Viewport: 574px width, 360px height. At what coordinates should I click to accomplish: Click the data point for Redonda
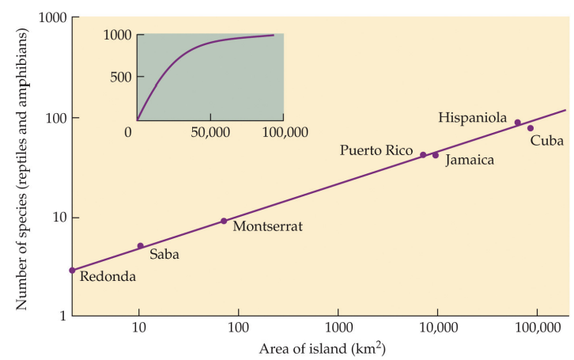pyautogui.click(x=72, y=271)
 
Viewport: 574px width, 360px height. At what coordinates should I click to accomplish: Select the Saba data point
pyautogui.click(x=140, y=246)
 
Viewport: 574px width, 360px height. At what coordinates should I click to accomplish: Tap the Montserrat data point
pyautogui.click(x=224, y=221)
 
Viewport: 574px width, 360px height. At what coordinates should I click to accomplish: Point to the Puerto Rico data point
pyautogui.click(x=423, y=155)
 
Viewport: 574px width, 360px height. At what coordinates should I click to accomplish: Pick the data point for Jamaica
pyautogui.click(x=435, y=155)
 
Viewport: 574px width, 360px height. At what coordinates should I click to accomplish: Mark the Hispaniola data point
pyautogui.click(x=518, y=123)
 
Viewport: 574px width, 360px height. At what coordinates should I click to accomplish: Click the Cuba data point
pyautogui.click(x=531, y=128)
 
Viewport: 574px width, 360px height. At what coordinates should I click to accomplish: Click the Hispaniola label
pyautogui.click(x=472, y=117)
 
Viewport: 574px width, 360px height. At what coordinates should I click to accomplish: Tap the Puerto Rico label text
pyautogui.click(x=376, y=150)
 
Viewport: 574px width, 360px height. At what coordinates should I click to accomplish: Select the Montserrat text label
pyautogui.click(x=267, y=226)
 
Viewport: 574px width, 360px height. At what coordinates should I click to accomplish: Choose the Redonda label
pyautogui.click(x=108, y=276)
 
